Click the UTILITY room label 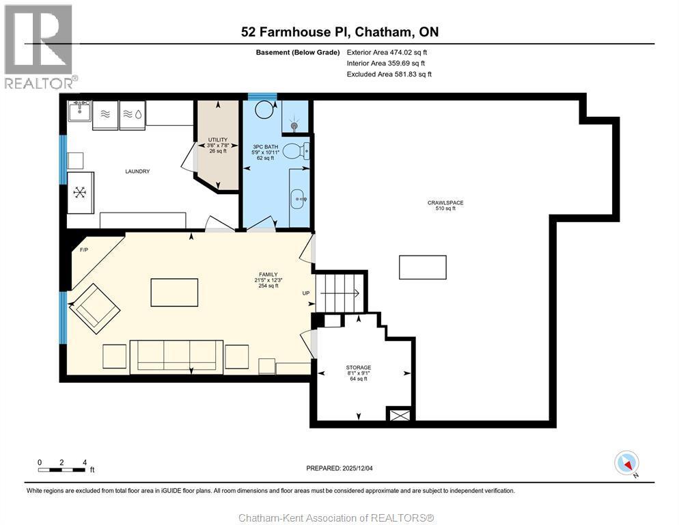tap(217, 139)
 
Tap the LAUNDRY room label tap(137, 172)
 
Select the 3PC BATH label tap(266, 147)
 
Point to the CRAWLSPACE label tap(445, 202)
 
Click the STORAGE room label tap(359, 368)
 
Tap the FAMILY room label tap(268, 274)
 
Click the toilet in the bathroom tap(296, 151)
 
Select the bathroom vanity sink tap(299, 199)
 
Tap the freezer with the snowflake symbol tap(80, 193)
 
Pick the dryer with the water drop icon tap(133, 115)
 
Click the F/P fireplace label tap(84, 250)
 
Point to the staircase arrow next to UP tap(340, 293)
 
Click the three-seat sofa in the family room tap(177, 357)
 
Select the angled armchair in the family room tap(95, 308)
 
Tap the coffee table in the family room tap(174, 293)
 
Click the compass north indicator tap(627, 463)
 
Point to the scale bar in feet tap(62, 470)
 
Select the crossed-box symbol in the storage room tap(400, 415)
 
